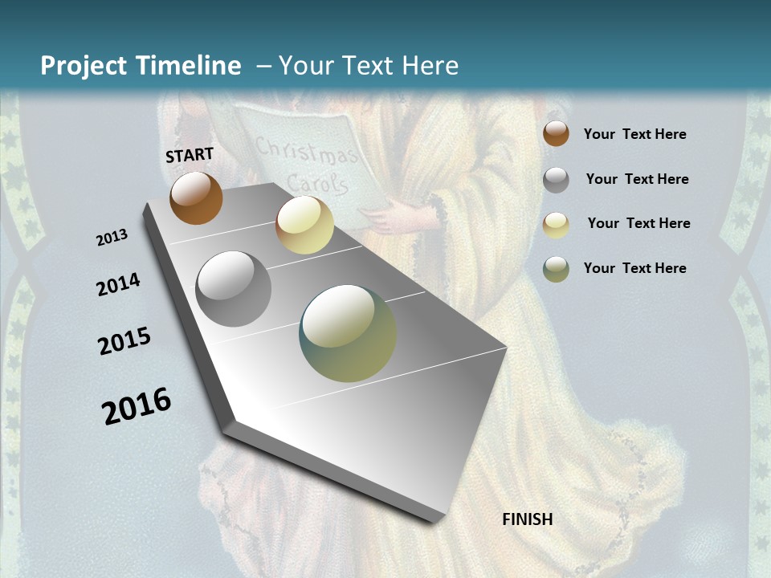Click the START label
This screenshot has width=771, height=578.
point(190,155)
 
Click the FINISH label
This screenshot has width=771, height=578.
point(528,519)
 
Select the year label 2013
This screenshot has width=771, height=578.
point(112,238)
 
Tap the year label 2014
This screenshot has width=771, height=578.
point(119,285)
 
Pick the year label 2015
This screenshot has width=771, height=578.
point(124,341)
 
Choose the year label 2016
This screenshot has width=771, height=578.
point(137,405)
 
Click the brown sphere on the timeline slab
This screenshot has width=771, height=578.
point(196,198)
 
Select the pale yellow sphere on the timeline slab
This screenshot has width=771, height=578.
point(304,225)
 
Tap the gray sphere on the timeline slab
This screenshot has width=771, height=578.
point(234,289)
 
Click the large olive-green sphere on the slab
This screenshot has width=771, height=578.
point(348,333)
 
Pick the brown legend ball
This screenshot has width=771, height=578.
point(556,133)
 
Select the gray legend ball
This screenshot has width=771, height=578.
point(556,180)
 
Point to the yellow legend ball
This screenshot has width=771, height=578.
point(556,225)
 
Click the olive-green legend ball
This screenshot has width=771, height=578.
point(556,269)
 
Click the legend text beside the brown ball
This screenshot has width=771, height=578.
point(634,134)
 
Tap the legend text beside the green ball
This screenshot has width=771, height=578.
point(634,268)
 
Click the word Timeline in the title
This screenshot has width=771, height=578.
point(190,66)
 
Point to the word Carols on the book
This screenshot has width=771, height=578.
point(318,184)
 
